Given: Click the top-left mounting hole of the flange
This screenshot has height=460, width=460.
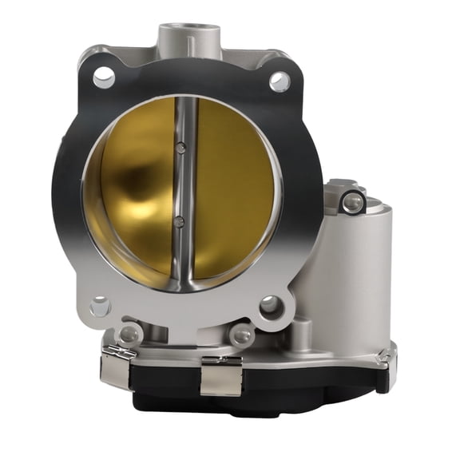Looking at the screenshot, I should (x=104, y=77).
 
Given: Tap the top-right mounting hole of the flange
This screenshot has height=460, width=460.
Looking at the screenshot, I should (x=279, y=81).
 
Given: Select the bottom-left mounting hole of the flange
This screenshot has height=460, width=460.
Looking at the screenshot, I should (x=101, y=306).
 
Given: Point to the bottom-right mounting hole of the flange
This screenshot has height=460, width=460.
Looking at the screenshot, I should (x=271, y=304).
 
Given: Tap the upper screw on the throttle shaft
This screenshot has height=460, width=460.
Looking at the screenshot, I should (x=181, y=148).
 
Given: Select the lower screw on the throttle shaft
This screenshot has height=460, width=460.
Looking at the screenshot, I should (x=180, y=220).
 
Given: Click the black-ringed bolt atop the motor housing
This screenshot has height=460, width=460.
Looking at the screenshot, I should (x=351, y=202).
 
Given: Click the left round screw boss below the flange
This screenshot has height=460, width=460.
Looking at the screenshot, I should (x=129, y=332).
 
